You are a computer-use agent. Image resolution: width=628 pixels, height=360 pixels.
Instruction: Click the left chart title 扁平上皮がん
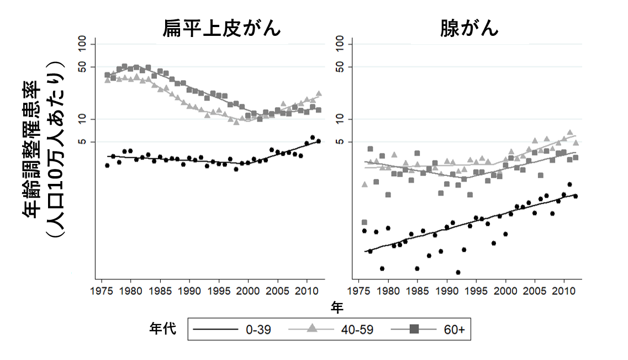click(x=221, y=28)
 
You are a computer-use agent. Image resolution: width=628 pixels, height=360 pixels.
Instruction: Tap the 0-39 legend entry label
click(x=258, y=330)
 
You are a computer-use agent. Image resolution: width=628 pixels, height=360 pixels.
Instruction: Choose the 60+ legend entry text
click(x=454, y=330)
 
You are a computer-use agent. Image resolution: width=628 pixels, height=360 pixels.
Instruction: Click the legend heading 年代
click(x=163, y=329)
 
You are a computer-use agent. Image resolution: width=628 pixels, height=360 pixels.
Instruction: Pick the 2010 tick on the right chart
click(x=563, y=291)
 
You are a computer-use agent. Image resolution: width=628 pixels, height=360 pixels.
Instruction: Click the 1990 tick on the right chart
click(x=446, y=291)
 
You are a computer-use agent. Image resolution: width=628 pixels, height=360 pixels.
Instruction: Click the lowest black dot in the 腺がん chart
click(x=458, y=272)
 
